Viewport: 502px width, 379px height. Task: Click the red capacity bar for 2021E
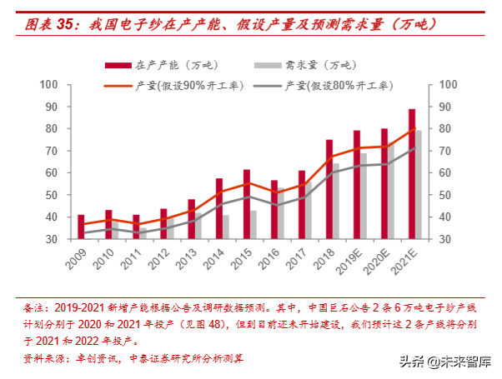(x=412, y=173)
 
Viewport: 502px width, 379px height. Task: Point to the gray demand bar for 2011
(x=143, y=233)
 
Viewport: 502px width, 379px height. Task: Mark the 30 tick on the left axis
(x=51, y=239)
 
